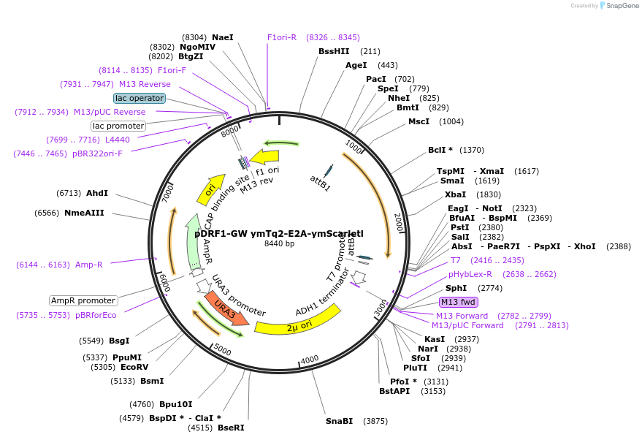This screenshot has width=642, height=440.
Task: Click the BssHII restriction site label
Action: tap(334, 51)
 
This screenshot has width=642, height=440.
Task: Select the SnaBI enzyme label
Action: tap(339, 421)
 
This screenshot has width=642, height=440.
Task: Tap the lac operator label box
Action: tap(140, 98)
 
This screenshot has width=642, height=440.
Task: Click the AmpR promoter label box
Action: tap(83, 300)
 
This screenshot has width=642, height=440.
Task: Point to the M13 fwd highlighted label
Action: tap(458, 302)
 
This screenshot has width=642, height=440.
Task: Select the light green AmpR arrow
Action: tap(193, 241)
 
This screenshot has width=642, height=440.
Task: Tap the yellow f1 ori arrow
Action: tap(264, 156)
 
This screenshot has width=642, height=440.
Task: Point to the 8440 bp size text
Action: tap(279, 244)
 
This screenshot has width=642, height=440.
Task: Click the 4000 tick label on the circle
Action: tap(310, 359)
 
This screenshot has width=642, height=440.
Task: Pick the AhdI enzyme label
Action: tap(96, 193)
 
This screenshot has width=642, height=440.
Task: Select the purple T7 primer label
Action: tap(456, 260)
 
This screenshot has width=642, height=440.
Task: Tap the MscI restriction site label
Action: tap(419, 121)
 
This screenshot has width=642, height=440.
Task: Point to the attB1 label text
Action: tap(320, 183)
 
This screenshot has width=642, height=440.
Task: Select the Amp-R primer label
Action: tap(89, 265)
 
